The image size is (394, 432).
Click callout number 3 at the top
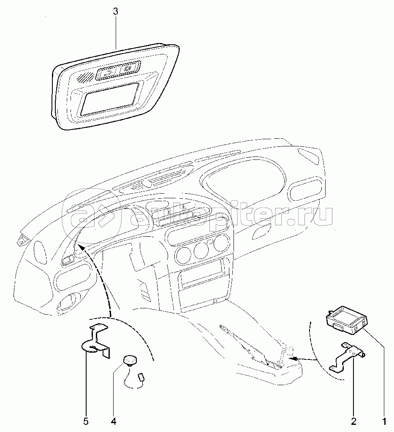(x=116, y=12)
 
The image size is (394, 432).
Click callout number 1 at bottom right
(x=384, y=421)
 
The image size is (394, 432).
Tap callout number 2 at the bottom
(x=354, y=421)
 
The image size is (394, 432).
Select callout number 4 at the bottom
(x=113, y=421)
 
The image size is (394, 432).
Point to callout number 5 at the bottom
(x=86, y=421)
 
